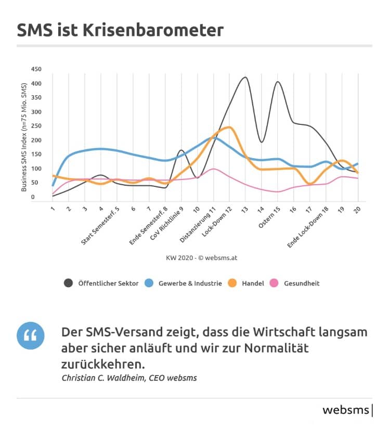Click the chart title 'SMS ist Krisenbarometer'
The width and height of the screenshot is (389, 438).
[x=120, y=30]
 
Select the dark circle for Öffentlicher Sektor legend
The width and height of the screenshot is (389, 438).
[x=68, y=283]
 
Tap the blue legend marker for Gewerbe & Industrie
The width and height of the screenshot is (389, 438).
[x=149, y=283]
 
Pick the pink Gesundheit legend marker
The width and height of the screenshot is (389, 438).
[x=275, y=283]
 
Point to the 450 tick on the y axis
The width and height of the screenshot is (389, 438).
[x=36, y=69]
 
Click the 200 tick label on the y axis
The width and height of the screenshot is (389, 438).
[x=36, y=140]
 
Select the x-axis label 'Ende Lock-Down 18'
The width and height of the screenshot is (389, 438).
[x=308, y=227]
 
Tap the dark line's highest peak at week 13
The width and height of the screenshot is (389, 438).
[x=245, y=77]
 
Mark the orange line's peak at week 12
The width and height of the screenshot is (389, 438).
[x=229, y=127]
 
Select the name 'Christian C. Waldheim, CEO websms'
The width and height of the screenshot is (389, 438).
[x=129, y=378]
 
